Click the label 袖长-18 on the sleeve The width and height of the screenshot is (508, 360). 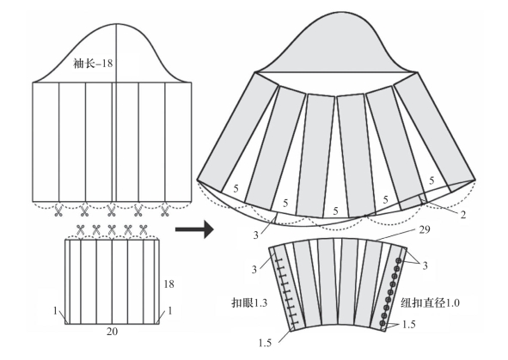click(93, 63)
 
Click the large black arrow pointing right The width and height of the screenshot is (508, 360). click(194, 229)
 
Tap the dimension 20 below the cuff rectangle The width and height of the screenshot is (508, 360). click(112, 332)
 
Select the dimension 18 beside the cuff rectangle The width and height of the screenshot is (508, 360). click(168, 284)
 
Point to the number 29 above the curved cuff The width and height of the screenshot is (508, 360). click(425, 229)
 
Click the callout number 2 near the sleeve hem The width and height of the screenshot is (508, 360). click(463, 215)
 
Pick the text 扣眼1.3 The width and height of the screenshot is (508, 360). click(249, 303)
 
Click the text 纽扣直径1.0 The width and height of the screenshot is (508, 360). click(431, 302)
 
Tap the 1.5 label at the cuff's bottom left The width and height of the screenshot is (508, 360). click(265, 343)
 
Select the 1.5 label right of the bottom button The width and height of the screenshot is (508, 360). click(408, 325)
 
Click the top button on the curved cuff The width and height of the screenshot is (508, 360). click(399, 260)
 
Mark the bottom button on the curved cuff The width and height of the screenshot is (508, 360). click(383, 323)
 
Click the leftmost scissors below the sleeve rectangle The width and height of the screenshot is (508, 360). click(58, 211)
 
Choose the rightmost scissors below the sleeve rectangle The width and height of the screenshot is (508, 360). click(165, 211)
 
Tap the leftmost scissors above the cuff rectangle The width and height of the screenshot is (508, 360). click(80, 230)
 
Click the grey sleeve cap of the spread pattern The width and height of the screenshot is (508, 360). click(336, 49)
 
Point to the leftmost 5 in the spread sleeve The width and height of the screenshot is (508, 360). click(236, 188)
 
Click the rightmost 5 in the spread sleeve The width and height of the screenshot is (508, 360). click(431, 180)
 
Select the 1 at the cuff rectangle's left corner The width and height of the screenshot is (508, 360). click(55, 311)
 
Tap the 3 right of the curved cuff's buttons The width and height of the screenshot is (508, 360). click(425, 265)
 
